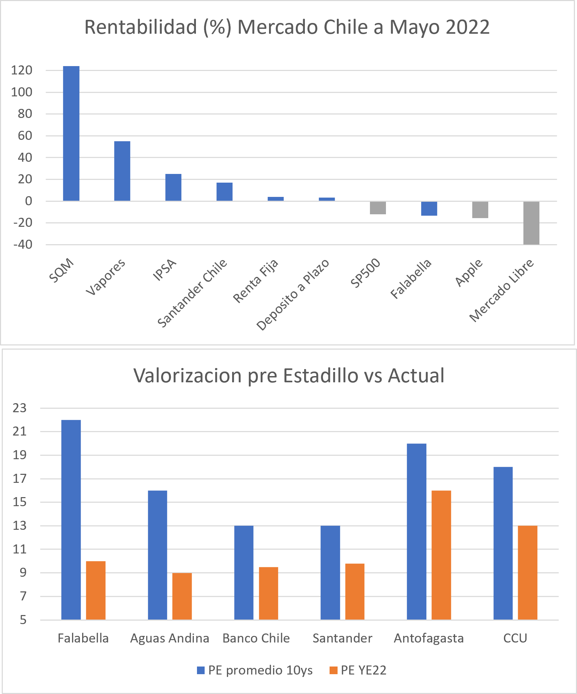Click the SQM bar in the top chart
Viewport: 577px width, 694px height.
tap(71, 134)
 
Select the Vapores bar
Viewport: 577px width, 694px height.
tap(122, 171)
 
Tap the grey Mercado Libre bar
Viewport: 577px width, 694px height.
tap(531, 223)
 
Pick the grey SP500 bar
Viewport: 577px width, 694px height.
tap(378, 208)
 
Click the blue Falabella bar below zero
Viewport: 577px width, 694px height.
tap(429, 209)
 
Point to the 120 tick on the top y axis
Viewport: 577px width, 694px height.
tap(22, 71)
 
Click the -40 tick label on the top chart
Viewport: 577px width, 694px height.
tap(23, 245)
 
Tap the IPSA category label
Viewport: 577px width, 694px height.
tap(165, 270)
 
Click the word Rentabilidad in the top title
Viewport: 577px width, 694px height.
tap(141, 27)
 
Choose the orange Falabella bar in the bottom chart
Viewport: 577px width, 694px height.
tap(96, 590)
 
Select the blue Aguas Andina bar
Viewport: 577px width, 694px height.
tap(157, 555)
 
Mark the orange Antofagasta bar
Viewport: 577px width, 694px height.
tap(441, 555)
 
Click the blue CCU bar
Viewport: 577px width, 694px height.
tap(503, 543)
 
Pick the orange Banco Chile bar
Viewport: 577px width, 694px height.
tap(268, 593)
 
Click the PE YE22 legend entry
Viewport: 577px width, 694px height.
tap(358, 670)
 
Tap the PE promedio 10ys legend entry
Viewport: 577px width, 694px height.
tap(255, 670)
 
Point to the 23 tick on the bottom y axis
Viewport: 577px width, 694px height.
tap(20, 408)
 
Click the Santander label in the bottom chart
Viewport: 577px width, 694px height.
tap(342, 638)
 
